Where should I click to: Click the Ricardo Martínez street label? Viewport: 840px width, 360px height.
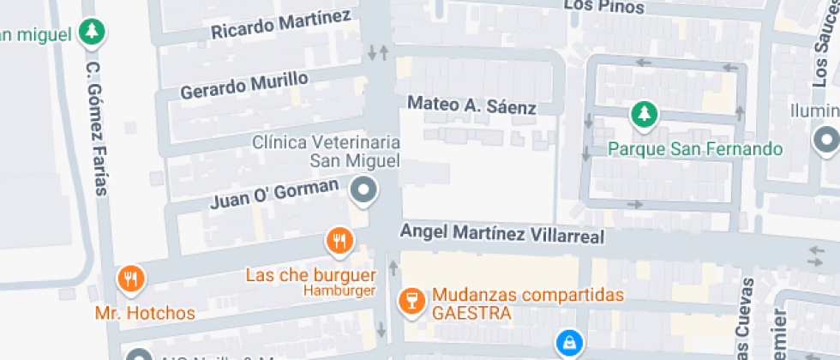click(281, 24)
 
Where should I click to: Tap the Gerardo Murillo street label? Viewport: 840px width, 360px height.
click(244, 85)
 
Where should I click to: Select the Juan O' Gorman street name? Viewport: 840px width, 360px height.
click(274, 195)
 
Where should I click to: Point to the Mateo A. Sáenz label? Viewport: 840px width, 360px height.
click(471, 105)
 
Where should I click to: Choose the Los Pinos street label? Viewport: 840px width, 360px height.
click(603, 5)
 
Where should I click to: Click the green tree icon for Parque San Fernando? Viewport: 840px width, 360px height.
click(644, 113)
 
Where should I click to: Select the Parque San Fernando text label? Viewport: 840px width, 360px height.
click(695, 149)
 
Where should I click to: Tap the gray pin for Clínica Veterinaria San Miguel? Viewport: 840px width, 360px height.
click(364, 190)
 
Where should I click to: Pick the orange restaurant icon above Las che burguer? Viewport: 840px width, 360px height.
click(339, 241)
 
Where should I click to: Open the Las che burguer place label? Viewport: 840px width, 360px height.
click(311, 275)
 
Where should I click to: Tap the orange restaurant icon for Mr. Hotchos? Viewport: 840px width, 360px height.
click(130, 278)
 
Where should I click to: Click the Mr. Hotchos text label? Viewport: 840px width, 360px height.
click(145, 313)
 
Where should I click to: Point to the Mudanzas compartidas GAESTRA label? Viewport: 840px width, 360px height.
click(527, 303)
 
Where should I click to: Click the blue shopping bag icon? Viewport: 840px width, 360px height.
click(567, 344)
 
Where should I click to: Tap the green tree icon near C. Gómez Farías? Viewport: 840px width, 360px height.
click(91, 33)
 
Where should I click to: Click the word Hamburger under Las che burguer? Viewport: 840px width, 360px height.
click(339, 291)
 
